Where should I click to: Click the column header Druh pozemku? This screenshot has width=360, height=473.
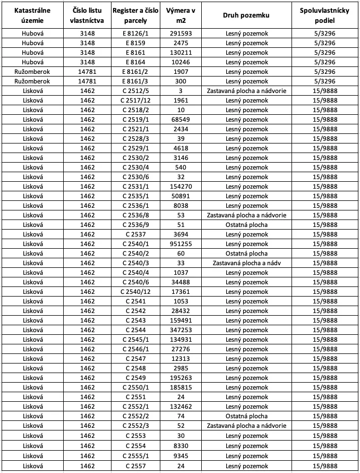tap(246, 15)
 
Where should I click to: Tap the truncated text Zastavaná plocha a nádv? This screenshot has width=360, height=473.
tap(246, 263)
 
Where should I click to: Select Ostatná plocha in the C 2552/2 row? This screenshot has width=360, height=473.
tap(246, 416)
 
